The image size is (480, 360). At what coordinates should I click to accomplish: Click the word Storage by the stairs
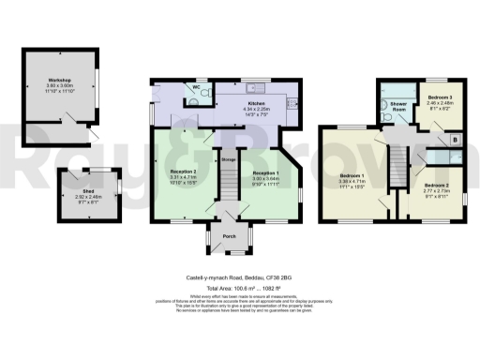pyautogui.click(x=228, y=159)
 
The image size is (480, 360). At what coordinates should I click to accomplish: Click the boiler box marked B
pyautogui.click(x=455, y=139)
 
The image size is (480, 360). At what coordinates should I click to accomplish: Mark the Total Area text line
pyautogui.click(x=240, y=289)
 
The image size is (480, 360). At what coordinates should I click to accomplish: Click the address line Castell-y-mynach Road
pyautogui.click(x=240, y=277)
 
